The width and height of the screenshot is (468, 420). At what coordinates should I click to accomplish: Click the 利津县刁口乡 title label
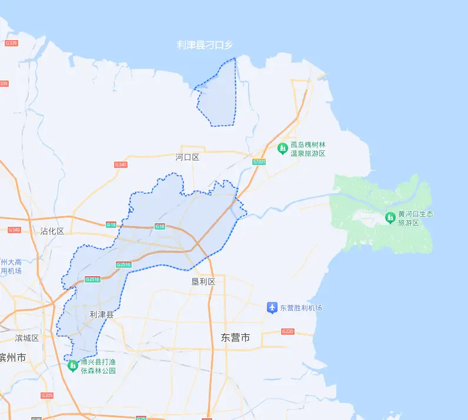coord(205,45)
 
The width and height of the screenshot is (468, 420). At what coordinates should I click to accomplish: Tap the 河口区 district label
coord(188,157)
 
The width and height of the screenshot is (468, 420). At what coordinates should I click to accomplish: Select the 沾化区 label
coord(52,231)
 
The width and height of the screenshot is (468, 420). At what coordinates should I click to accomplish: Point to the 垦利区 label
coord(203,282)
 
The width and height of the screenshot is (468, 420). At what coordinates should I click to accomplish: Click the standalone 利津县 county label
coord(101,315)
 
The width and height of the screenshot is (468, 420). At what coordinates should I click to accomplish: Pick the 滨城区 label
coord(27,338)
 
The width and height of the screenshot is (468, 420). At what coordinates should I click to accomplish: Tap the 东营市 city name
coord(235,338)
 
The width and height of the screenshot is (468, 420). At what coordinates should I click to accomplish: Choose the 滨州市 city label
coord(12,357)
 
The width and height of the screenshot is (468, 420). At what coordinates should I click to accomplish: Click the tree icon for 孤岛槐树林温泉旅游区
coord(282,147)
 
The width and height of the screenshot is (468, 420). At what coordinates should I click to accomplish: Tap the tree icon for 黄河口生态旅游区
coord(390,218)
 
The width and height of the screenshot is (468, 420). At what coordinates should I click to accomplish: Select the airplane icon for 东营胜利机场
coord(272,307)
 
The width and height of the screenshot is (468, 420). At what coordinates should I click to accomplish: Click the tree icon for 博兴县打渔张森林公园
coord(72,366)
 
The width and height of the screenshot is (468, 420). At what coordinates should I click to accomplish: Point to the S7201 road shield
coord(259,162)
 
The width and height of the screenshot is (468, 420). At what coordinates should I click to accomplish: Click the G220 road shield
coord(288,332)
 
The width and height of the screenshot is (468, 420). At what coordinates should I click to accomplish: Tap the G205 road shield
coord(47,395)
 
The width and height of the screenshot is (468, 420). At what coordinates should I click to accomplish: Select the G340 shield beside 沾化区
coord(15,230)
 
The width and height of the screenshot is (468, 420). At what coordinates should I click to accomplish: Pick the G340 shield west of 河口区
coord(121,164)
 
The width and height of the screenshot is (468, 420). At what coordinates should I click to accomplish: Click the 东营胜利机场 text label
coord(300,308)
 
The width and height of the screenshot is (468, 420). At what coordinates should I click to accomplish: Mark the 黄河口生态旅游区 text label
coord(416,219)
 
